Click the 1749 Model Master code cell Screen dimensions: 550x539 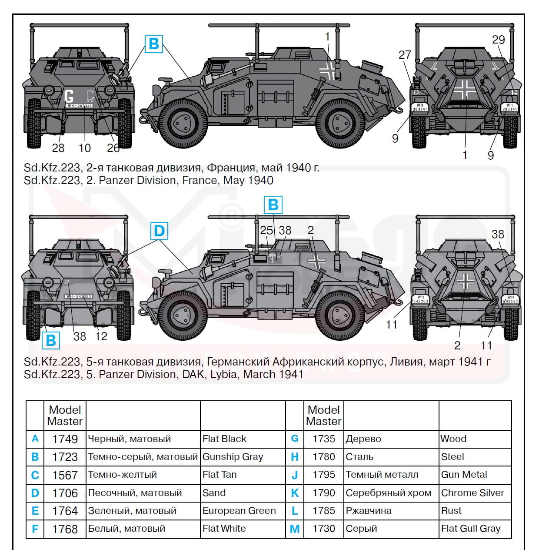[65, 439]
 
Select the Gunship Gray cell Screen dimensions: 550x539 [233, 457]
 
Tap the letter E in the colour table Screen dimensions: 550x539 [35, 511]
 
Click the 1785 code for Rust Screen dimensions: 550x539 [324, 511]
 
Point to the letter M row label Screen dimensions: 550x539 [295, 529]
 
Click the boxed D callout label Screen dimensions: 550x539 [160, 231]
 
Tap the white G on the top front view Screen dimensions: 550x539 [69, 96]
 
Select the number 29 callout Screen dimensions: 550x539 [498, 40]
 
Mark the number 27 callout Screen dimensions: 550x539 [405, 55]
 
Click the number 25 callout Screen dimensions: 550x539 [266, 230]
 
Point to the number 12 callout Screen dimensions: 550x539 [101, 336]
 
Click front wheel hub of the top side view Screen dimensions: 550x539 [182, 123]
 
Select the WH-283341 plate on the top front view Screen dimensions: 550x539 [79, 106]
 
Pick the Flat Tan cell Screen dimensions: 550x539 [220, 475]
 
